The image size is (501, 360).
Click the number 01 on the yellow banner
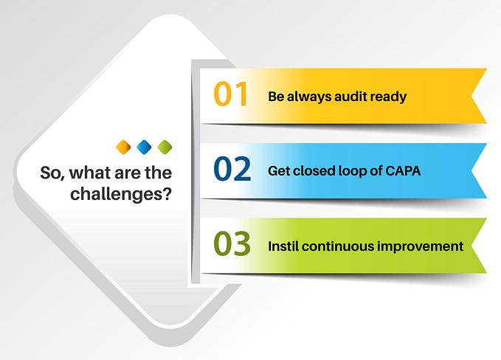click(x=230, y=96)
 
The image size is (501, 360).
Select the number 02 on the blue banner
click(x=232, y=170)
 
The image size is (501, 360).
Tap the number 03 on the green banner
click(x=232, y=245)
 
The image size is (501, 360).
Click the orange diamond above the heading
click(x=123, y=146)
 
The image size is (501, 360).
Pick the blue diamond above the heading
click(x=144, y=146)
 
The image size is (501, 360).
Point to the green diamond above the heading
click(x=165, y=146)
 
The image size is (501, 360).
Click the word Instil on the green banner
click(x=283, y=246)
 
